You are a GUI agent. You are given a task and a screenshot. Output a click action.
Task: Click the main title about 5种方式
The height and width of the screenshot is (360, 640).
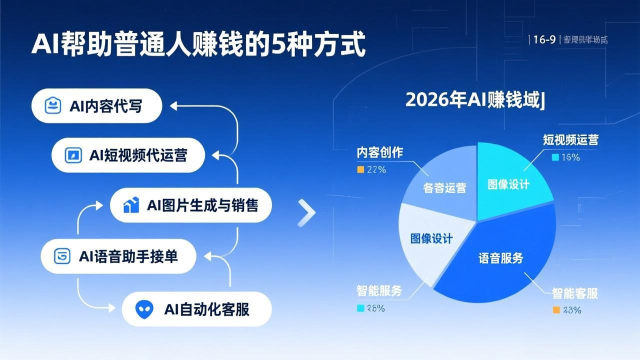(198, 44)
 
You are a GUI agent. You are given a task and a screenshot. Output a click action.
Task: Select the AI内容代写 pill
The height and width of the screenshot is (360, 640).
(96, 106)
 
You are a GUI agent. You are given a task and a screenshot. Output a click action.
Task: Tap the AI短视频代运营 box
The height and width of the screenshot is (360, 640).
(128, 155)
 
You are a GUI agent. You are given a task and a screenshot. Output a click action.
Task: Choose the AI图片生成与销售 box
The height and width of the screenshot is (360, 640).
(191, 205)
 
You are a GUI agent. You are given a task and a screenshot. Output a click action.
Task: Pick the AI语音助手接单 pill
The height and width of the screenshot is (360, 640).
(117, 256)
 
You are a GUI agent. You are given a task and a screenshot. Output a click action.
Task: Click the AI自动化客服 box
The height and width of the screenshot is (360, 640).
(196, 309)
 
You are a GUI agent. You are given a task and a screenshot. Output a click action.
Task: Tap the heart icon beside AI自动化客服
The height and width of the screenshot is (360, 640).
(144, 309)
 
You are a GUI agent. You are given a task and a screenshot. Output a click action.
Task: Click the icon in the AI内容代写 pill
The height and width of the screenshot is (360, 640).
(53, 106)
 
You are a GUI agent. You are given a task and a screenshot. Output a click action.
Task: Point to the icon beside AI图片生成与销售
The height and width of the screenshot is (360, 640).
(131, 205)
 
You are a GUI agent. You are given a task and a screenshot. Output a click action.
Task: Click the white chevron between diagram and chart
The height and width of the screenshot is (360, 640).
(306, 213)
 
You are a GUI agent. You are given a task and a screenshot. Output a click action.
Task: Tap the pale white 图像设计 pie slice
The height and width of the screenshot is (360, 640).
(431, 240)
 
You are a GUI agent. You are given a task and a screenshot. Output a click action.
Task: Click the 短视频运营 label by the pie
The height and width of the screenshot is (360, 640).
(570, 140)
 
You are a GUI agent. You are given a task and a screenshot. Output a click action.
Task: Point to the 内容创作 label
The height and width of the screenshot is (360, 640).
(379, 153)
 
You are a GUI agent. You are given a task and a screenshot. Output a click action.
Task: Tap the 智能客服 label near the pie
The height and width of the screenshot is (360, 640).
(574, 293)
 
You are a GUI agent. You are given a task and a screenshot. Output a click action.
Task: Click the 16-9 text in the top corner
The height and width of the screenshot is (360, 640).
(544, 40)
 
